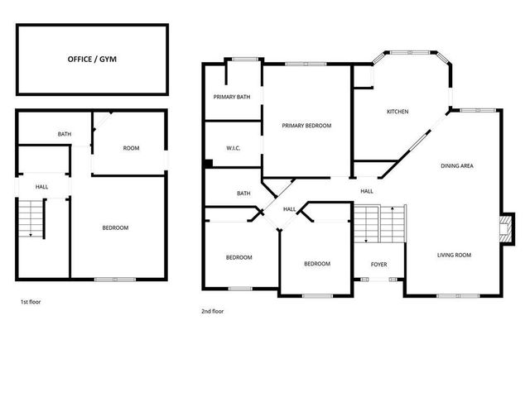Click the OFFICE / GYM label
point(91,60)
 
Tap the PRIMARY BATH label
point(232,97)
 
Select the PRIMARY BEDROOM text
point(306,126)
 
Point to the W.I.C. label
point(233,149)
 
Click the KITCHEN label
point(397,112)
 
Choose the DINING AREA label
point(456,166)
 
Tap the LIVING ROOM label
point(454,255)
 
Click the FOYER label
point(378,265)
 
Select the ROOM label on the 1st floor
point(131,148)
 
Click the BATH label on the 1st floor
point(64,134)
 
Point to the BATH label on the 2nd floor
point(243,194)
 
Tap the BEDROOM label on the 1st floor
point(115,228)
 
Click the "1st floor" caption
point(31,302)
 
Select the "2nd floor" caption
point(213,312)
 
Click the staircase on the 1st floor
point(31,219)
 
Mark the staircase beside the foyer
point(380,224)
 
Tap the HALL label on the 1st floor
point(41,187)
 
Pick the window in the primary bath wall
point(244,60)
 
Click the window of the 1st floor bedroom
point(115,280)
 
